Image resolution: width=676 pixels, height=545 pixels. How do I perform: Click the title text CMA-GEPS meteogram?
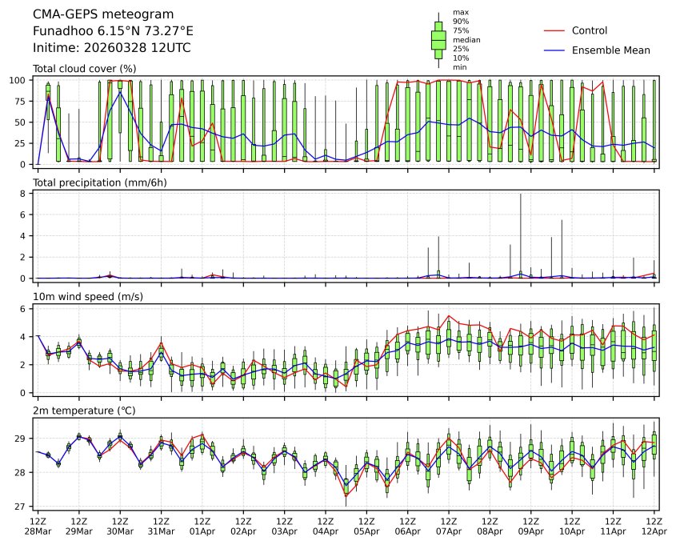click(x=86, y=14)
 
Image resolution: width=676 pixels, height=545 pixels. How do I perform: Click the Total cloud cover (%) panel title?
click(x=84, y=69)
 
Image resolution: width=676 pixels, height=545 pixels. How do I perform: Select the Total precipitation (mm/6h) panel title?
click(x=94, y=183)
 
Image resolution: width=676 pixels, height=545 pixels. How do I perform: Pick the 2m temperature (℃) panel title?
click(x=84, y=411)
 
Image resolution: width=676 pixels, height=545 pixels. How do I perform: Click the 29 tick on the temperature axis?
click(x=22, y=439)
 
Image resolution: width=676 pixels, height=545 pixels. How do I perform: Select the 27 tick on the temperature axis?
click(x=22, y=507)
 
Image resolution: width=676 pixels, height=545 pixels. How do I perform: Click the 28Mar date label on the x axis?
click(x=38, y=531)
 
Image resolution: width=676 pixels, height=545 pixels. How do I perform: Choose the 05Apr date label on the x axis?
click(x=366, y=531)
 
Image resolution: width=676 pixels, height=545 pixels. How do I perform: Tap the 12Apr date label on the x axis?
click(x=654, y=531)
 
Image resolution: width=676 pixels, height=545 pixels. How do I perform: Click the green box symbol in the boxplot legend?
click(x=438, y=38)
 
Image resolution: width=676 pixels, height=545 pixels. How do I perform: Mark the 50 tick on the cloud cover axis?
click(x=23, y=122)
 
